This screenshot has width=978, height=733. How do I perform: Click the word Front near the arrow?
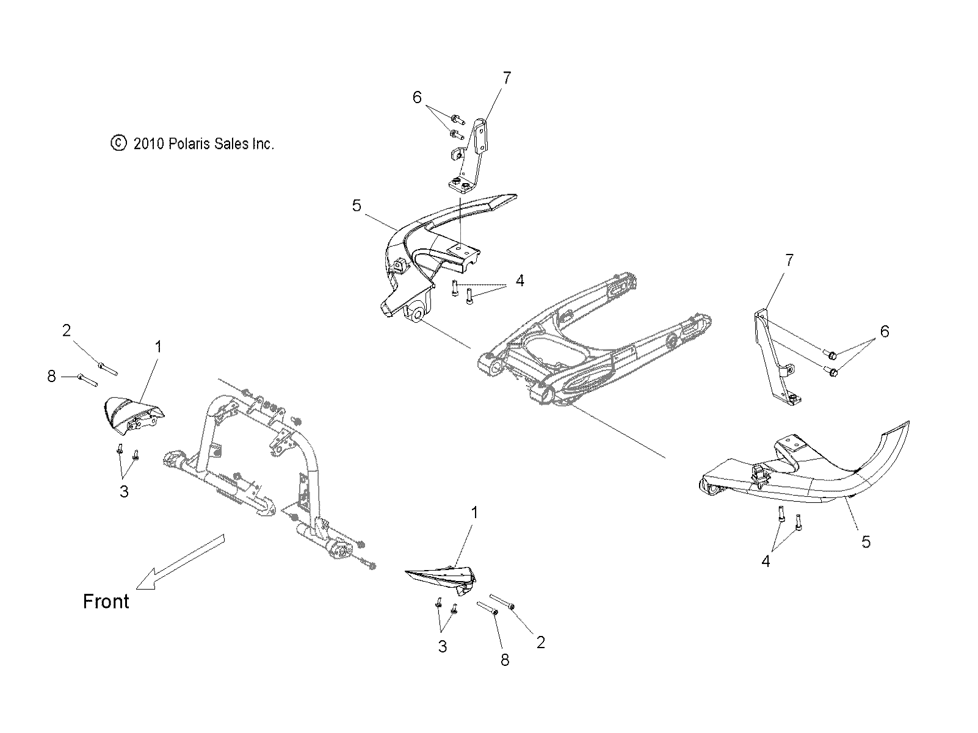106,602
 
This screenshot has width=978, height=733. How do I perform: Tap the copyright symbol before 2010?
118,143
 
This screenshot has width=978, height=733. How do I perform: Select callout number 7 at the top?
506,78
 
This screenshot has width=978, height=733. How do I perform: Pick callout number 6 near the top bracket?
418,98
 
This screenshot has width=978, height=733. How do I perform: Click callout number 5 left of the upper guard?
357,206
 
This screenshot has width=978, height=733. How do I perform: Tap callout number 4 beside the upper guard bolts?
520,281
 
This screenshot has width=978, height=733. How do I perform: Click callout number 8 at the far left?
51,377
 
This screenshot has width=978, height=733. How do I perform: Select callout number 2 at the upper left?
67,331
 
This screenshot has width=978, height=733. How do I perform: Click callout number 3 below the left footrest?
124,491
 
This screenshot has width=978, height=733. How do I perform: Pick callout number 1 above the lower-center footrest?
474,513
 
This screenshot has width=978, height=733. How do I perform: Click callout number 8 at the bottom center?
505,660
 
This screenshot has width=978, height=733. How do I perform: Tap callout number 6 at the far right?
884,332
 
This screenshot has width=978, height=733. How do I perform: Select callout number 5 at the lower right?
865,541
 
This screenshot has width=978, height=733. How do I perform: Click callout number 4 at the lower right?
766,561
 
